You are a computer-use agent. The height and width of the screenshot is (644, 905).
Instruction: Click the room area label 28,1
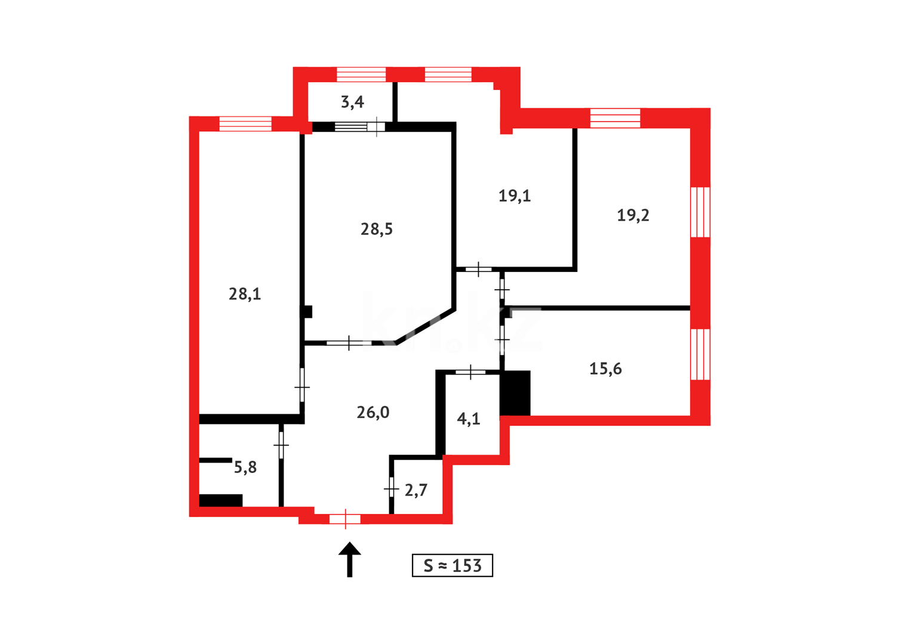[x=245, y=293]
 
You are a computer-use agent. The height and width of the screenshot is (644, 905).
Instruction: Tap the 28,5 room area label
[x=377, y=229]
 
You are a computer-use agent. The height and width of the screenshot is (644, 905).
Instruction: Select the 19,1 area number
[x=515, y=196]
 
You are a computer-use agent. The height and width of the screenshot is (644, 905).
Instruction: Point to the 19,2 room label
[x=633, y=215]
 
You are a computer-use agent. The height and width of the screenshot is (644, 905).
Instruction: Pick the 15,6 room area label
[x=605, y=369]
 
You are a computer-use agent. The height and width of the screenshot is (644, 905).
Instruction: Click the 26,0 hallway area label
[x=373, y=412]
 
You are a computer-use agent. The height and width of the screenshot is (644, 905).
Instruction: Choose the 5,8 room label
[x=245, y=467]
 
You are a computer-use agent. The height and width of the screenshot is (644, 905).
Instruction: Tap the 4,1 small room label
[x=469, y=419]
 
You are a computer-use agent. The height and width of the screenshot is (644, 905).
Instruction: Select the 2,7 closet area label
[x=416, y=490]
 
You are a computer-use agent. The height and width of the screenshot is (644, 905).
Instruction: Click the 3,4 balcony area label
[x=352, y=103]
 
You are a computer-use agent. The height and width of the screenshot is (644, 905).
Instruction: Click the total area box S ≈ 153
[x=452, y=565]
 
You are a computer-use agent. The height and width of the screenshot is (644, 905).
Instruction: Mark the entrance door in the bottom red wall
[x=345, y=519]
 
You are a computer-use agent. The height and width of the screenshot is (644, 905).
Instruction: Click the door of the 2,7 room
[x=391, y=489]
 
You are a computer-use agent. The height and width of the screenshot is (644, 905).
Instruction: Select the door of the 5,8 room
[x=281, y=445]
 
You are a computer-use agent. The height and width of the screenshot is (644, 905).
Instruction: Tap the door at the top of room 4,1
[x=471, y=373]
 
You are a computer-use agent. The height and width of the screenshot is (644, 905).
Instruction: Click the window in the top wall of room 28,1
[x=245, y=123]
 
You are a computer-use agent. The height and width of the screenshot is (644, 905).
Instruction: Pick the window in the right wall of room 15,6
[x=700, y=354]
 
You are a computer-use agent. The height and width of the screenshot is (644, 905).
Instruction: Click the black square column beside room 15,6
[x=515, y=392]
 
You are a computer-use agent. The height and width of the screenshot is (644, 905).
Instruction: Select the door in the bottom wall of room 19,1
[x=479, y=270]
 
